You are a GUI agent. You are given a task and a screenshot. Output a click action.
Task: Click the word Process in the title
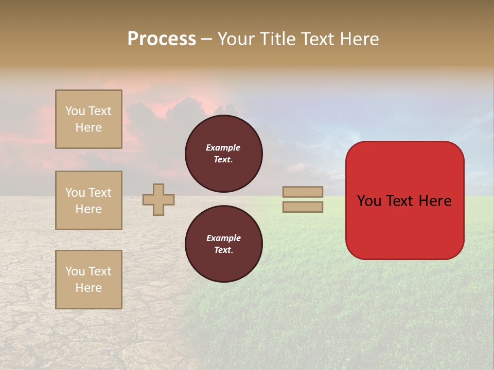click(162, 39)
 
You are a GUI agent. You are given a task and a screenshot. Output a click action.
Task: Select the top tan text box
click(89, 119)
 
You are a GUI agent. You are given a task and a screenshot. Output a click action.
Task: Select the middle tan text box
click(89, 200)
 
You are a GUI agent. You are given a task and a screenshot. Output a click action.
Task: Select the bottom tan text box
click(89, 280)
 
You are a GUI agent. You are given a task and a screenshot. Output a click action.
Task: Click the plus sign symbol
click(158, 199)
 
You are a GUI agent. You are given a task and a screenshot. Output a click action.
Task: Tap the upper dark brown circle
click(224, 153)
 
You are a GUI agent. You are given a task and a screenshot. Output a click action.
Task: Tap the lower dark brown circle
click(224, 244)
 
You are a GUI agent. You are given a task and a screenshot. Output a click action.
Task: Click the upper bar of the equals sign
click(303, 192)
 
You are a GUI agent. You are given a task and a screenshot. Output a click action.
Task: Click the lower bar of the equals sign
click(303, 207)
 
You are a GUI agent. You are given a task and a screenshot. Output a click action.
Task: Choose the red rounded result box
click(405, 200)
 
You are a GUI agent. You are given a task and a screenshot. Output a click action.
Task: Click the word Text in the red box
click(399, 201)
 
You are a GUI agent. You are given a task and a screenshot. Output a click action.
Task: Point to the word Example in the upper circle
click(223, 147)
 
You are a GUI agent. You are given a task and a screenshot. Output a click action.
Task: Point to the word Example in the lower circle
click(223, 238)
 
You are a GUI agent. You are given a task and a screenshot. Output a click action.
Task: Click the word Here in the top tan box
click(89, 127)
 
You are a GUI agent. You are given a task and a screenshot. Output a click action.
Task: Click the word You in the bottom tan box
click(75, 271)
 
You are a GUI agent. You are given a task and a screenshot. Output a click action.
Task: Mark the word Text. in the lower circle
click(223, 250)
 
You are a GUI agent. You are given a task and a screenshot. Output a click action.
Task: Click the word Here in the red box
click(435, 201)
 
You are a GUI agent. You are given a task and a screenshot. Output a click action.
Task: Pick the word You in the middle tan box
click(75, 193)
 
